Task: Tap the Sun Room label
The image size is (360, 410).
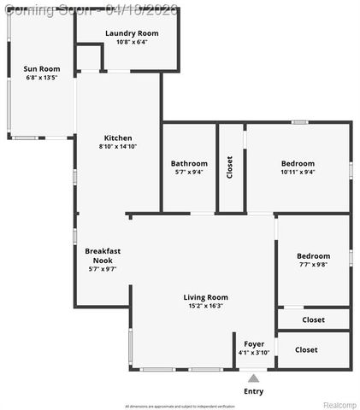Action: [x=41, y=68]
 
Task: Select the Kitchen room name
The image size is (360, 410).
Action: [x=118, y=138]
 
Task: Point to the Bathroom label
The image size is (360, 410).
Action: [x=189, y=163]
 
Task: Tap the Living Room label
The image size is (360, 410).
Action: [x=205, y=297]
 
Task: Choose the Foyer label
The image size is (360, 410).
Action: [x=254, y=343]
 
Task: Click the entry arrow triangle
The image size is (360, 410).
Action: [x=253, y=377]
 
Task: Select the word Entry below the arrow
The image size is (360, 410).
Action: [x=253, y=391]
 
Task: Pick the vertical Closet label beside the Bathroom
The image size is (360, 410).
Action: [x=229, y=167]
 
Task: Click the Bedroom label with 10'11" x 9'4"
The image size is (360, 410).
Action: [x=298, y=163]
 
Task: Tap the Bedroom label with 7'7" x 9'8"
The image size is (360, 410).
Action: [x=313, y=255]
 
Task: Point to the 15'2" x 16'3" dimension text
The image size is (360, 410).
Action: [x=205, y=306]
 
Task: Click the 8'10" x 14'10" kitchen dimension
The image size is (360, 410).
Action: [x=118, y=146]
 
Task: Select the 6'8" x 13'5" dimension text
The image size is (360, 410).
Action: [x=41, y=77]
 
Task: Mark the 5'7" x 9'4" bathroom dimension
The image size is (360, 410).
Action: [x=189, y=172]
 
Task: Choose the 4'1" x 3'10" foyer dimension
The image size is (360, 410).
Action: [x=254, y=352]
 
